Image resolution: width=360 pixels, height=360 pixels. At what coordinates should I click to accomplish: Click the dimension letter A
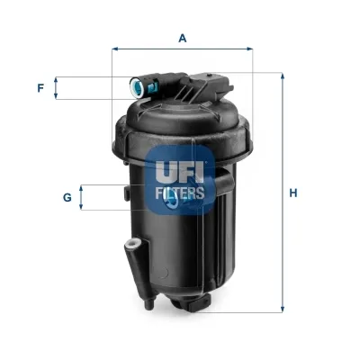click(183, 38)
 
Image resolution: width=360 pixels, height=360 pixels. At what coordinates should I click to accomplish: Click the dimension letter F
click(40, 88)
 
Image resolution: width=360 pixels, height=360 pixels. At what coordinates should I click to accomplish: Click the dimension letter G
click(67, 198)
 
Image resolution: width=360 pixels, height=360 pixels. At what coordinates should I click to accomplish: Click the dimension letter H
click(293, 192)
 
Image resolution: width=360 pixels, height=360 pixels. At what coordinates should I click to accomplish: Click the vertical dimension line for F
click(58, 88)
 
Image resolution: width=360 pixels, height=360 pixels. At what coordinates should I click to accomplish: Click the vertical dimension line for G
click(83, 198)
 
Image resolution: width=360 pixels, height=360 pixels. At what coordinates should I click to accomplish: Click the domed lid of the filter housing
click(180, 121)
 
